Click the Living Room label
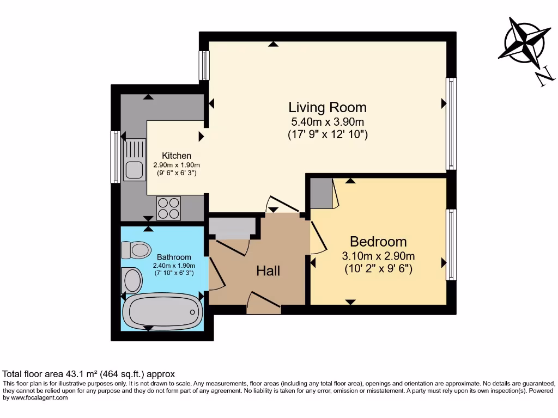click(327, 107)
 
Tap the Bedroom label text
click(378, 242)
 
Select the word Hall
click(269, 271)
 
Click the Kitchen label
click(176, 156)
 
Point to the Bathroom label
click(174, 257)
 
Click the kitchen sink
click(135, 160)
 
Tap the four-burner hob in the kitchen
click(168, 208)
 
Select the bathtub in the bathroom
click(162, 312)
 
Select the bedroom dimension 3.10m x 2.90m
click(378, 256)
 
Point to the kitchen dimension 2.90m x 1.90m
click(176, 165)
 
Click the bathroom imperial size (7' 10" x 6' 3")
click(174, 273)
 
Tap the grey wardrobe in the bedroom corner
click(322, 193)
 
